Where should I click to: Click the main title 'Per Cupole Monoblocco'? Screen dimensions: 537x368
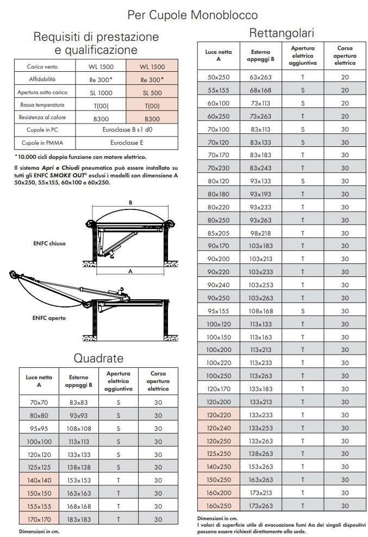pos(192,15)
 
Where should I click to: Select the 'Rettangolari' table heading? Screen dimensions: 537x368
pos(282,33)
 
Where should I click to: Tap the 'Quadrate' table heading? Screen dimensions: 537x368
pos(98,358)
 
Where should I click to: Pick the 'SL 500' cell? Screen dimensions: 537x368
pos(152,93)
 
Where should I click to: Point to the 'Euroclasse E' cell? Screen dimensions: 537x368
pos(127,143)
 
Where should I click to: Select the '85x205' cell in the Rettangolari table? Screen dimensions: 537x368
pos(219,233)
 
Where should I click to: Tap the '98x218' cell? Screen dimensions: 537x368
pos(260,233)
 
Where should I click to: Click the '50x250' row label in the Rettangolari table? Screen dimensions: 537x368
pos(219,77)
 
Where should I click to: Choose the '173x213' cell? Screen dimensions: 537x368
pos(260,493)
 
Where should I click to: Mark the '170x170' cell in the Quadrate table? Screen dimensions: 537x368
pos(39,520)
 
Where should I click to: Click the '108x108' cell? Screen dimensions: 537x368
pos(79,428)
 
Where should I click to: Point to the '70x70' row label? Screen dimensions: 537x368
pos(39,402)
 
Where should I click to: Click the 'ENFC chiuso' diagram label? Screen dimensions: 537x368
pos(49,243)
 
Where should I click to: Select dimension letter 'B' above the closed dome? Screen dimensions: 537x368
pos(130,202)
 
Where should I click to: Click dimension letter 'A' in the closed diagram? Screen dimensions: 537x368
pos(130,270)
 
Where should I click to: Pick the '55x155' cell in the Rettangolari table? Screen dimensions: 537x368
pos(219,90)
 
